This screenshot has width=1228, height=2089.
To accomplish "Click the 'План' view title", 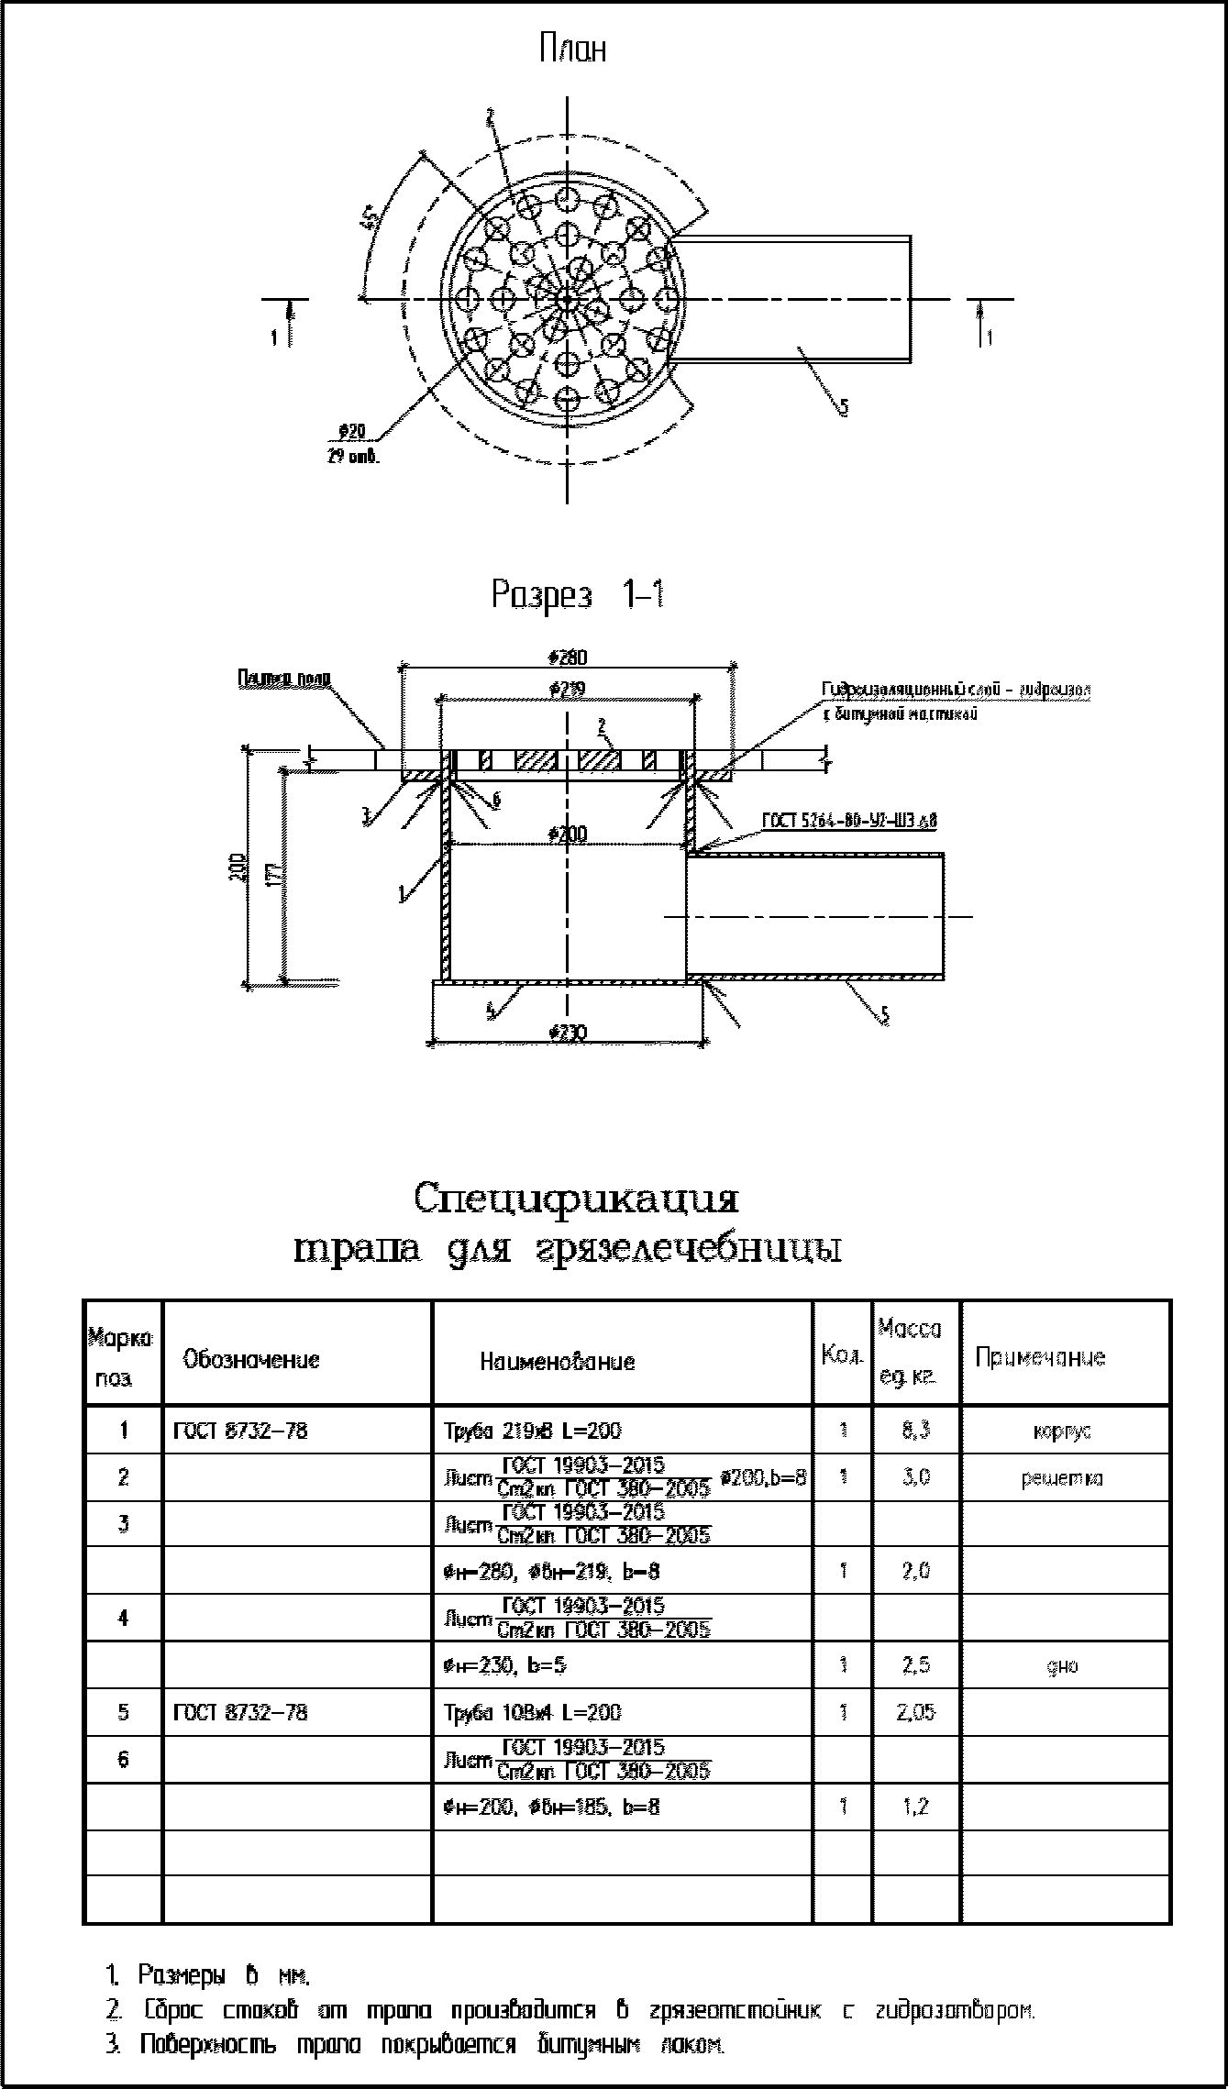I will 572,49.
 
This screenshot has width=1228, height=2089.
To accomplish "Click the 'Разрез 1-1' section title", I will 578,595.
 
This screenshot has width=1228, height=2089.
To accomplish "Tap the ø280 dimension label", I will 568,658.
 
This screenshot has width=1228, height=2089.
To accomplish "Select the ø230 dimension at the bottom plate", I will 569,1033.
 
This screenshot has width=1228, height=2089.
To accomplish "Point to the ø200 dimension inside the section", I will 569,834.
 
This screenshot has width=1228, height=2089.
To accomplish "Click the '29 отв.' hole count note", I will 352,456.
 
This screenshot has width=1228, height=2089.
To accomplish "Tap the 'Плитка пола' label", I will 284,679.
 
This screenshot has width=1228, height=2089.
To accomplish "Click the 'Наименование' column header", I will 557,1362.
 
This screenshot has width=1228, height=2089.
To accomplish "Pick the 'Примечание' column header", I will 1040,1358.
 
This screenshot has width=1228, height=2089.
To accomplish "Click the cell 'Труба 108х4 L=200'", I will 532,1712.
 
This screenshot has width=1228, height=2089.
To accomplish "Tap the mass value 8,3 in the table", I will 916,1431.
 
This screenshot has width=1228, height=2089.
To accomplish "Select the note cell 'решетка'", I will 1061,1478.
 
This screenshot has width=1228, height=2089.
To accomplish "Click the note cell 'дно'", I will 1061,1665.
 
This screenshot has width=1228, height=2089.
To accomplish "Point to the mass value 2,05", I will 916,1712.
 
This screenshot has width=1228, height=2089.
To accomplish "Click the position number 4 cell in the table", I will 123,1618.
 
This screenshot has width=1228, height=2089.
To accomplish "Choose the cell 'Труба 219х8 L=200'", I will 532,1431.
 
